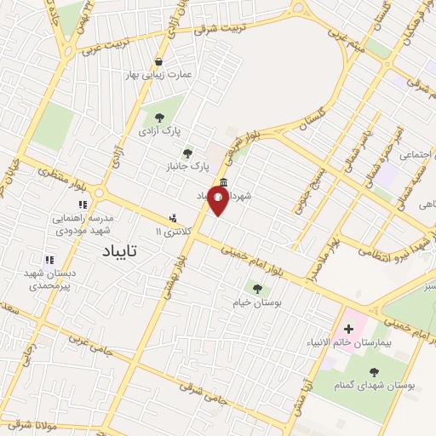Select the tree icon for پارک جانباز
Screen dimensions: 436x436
point(187,153)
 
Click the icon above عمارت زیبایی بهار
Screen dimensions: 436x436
point(159,61)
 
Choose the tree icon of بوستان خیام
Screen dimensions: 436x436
point(255,289)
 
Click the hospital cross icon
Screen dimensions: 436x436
point(349,329)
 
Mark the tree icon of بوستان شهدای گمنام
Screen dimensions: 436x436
point(374,371)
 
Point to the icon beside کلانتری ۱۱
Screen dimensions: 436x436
point(174,219)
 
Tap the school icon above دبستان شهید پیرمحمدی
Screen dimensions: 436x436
point(49,259)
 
